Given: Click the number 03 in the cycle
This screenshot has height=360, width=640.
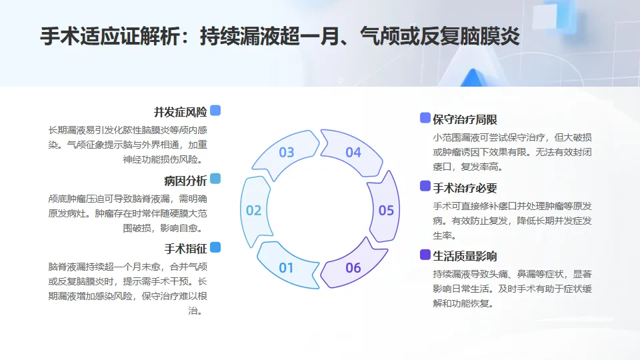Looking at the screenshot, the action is pos(287,153).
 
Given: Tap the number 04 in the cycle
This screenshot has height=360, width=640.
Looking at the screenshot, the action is pos(353,153).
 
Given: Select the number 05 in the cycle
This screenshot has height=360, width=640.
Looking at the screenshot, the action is pos(386,211).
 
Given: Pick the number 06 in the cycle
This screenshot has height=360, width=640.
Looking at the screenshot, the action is pos(353,268).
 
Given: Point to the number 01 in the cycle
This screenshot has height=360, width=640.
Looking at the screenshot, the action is pos(287,268).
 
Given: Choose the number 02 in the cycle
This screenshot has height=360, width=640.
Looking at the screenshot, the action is pos(253,211).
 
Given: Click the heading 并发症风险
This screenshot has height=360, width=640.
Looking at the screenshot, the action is pos(180,111).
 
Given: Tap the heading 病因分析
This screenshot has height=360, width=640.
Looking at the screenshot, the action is pos(185,181).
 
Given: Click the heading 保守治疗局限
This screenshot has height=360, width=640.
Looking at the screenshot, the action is pos(465,120).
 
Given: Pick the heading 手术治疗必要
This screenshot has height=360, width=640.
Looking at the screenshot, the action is pos(465,188).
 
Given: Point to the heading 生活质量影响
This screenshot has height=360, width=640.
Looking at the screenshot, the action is pos(465,256).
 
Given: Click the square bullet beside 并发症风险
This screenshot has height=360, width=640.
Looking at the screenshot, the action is pos(215,111).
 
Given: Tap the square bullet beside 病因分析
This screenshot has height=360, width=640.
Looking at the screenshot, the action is pos(215,179).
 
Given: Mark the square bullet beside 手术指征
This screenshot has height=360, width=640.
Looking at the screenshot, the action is pos(215,247).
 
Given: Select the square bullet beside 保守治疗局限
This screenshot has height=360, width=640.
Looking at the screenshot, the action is pos(425,118).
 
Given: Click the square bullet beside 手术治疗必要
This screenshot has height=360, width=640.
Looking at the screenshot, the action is pos(425,186).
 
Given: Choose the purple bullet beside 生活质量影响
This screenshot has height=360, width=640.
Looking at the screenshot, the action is pos(425,254).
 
